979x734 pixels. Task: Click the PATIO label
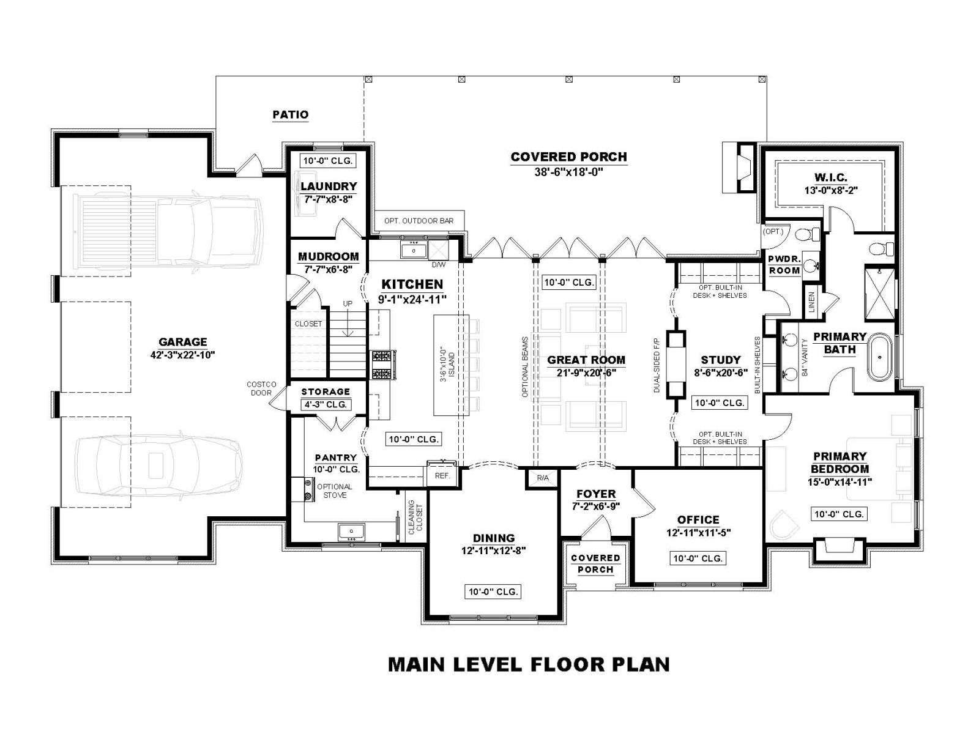pos(291,114)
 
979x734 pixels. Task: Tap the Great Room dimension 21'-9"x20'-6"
pos(586,373)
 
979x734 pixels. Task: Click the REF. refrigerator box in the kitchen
pos(442,475)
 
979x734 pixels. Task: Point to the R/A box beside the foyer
pos(542,478)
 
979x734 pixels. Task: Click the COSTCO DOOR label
pos(261,388)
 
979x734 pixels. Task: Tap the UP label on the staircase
pos(348,303)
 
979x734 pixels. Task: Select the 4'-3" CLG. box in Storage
pos(326,404)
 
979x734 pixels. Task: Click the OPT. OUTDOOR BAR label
pos(419,221)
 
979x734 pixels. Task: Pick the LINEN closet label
pos(812,302)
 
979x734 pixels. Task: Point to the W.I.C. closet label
pos(831,177)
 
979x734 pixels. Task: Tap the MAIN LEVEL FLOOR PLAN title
pos(529,664)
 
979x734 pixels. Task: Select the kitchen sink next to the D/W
pos(414,250)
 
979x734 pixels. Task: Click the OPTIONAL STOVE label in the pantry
pos(335,491)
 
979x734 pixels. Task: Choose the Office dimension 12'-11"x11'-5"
pos(699,532)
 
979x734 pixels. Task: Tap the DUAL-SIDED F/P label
pos(657,364)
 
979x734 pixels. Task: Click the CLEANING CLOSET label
pos(415,517)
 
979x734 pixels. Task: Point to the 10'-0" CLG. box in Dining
pos(493,591)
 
